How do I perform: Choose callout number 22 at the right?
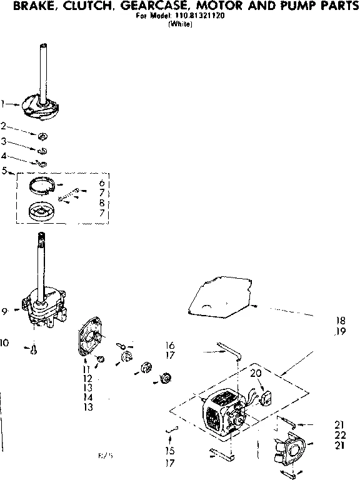(x=340, y=434)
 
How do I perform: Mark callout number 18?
(x=340, y=320)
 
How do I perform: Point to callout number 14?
(x=87, y=397)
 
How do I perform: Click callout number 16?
(x=169, y=345)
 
